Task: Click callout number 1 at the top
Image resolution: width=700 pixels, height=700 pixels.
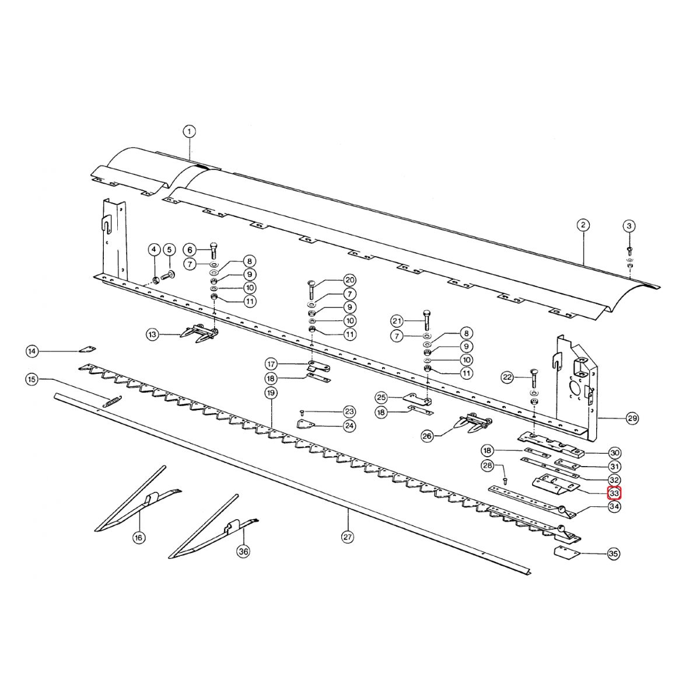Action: pos(189,131)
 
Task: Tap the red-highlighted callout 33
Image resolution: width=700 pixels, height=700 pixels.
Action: pos(614,493)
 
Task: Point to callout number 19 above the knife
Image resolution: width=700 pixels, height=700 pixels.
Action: pos(271,393)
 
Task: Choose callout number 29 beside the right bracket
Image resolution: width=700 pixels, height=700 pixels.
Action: pos(632,418)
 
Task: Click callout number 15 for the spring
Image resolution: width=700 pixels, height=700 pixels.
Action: pos(32,380)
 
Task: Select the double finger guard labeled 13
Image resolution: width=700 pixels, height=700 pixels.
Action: pos(198,333)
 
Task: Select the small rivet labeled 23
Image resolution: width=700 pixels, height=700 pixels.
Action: pos(303,412)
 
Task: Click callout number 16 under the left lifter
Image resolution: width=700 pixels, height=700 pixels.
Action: pos(138,537)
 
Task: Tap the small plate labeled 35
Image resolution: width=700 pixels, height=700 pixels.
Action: pos(567,554)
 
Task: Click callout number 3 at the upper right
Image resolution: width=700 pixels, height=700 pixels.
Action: pos(629,225)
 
